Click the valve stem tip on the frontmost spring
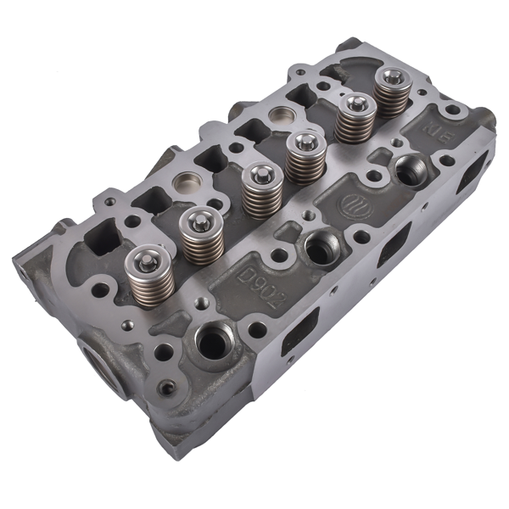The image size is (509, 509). [148, 253]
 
